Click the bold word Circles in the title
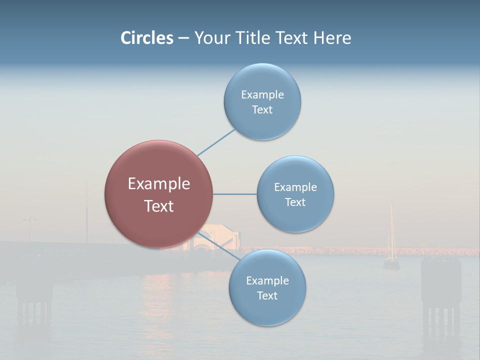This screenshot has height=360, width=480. [x=147, y=38]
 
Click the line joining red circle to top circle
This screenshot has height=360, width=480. [x=215, y=142]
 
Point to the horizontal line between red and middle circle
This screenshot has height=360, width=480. [x=234, y=194]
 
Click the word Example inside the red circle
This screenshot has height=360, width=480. [x=159, y=184]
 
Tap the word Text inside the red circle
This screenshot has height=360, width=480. [x=159, y=206]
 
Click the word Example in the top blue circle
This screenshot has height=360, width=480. [x=262, y=95]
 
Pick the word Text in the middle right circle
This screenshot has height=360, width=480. [x=295, y=202]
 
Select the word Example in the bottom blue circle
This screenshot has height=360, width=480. [x=267, y=281]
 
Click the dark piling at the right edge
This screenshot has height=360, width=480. [x=440, y=290]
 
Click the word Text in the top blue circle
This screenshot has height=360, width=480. [x=262, y=110]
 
